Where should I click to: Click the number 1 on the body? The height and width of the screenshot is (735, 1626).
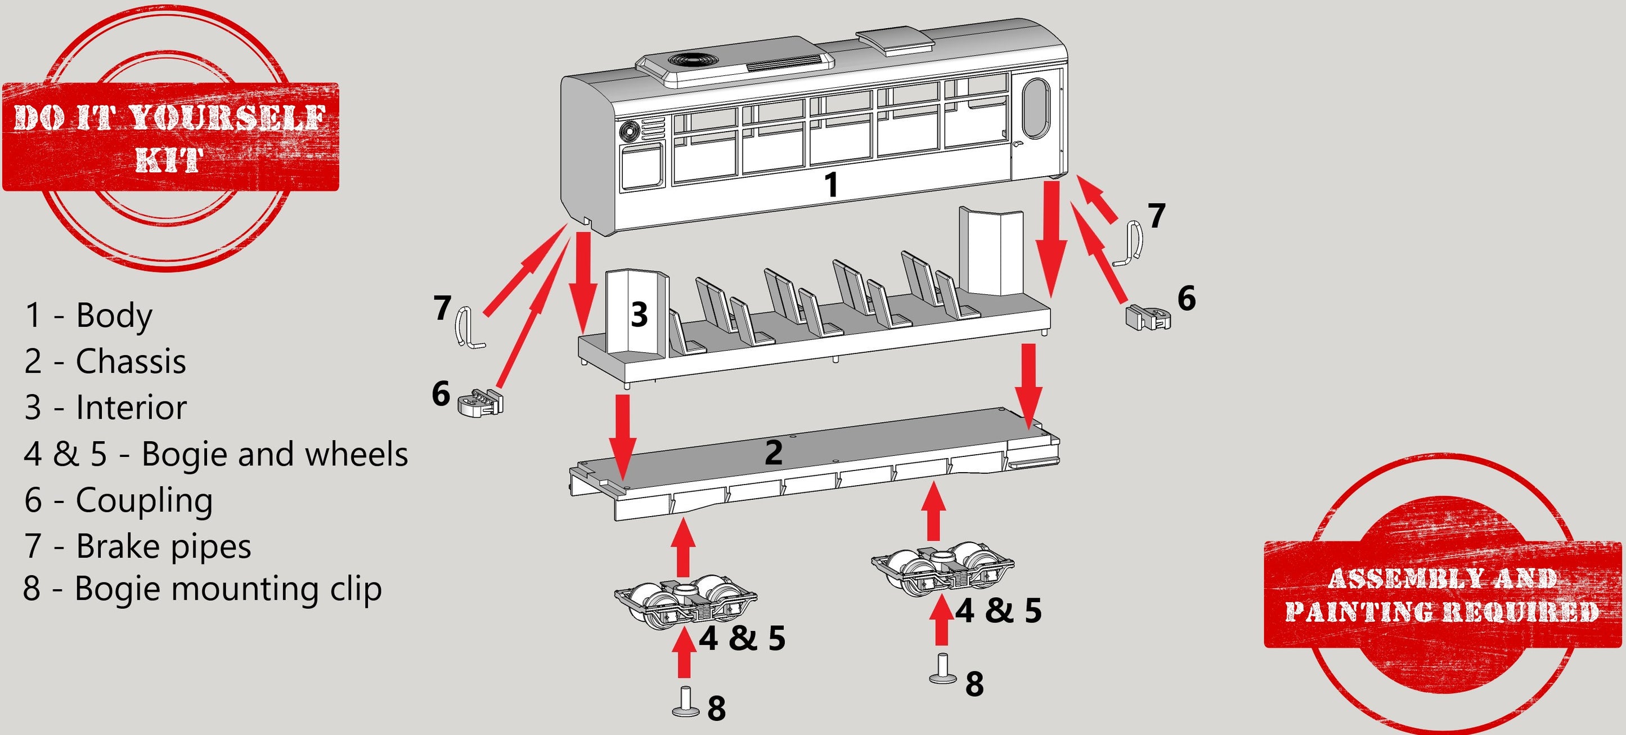[832, 185]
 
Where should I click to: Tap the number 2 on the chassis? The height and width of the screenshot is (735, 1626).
[773, 452]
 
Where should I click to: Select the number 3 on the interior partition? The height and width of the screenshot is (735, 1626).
[639, 314]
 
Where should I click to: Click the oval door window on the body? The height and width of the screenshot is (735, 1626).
[1036, 109]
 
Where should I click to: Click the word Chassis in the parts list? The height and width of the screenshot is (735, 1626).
[131, 361]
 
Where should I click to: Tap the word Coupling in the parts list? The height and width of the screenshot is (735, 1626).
[144, 500]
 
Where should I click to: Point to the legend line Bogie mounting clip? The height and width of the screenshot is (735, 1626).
[202, 589]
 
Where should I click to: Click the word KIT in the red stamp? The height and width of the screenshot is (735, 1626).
[169, 160]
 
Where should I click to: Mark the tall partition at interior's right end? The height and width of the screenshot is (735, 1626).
[990, 250]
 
